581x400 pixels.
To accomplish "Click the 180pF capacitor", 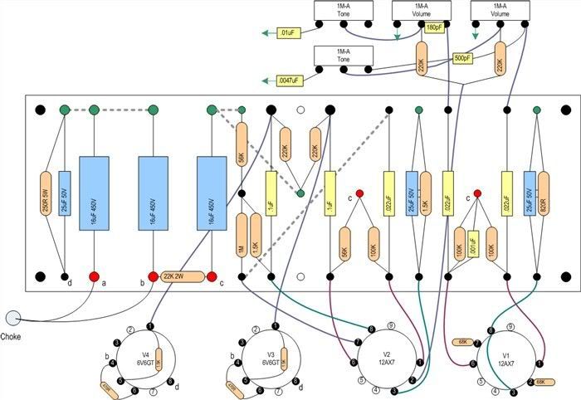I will [x=434, y=27].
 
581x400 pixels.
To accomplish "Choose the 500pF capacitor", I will [x=462, y=58].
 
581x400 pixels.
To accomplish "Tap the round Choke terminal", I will [x=12, y=317].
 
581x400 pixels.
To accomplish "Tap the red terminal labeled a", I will [x=94, y=276].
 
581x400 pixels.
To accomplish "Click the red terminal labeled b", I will [x=153, y=276].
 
